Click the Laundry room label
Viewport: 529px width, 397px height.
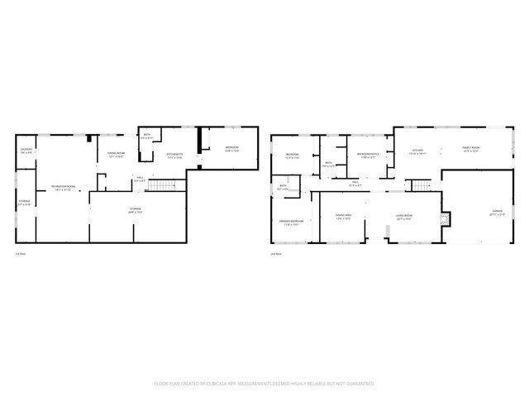click(x=26, y=151)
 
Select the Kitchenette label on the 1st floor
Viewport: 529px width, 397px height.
click(x=174, y=154)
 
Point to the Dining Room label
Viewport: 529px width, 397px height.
click(x=116, y=154)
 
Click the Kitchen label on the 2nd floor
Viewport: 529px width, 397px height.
click(x=418, y=151)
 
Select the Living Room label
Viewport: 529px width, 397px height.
click(x=404, y=217)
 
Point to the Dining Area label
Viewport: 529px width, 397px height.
click(x=344, y=217)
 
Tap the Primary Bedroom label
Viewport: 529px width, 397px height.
click(x=291, y=222)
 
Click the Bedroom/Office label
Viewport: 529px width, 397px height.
click(x=368, y=155)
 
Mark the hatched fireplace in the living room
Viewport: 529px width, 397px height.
click(x=447, y=219)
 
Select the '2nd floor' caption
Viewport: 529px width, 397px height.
click(x=276, y=255)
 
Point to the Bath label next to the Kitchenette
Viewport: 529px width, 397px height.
click(x=147, y=136)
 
